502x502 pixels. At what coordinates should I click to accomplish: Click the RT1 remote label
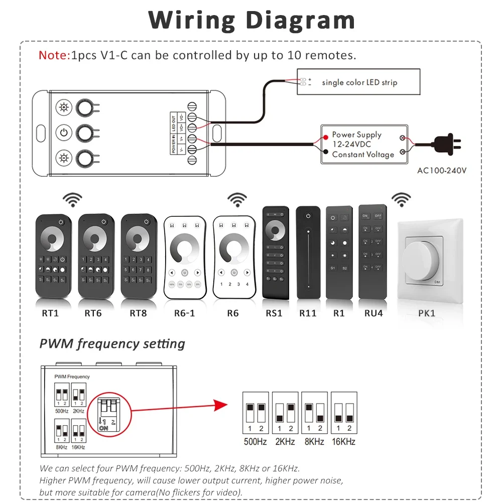(50, 313)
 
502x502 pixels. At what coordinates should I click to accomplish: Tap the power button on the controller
(63, 133)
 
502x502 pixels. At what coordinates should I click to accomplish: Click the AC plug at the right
(444, 145)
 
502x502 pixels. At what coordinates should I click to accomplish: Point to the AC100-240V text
(442, 170)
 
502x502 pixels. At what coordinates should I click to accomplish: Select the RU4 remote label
(374, 313)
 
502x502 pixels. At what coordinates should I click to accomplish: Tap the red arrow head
(220, 405)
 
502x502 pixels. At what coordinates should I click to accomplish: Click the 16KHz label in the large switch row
(344, 442)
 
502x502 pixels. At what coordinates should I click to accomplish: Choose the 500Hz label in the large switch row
(255, 442)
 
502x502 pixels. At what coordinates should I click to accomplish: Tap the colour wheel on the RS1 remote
(276, 231)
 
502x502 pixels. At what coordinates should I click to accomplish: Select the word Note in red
(54, 55)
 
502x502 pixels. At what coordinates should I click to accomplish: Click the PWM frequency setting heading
(112, 344)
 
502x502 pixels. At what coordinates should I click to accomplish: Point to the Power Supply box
(363, 145)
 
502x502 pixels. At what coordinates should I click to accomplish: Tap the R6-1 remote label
(184, 313)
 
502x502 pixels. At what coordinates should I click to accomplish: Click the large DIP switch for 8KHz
(314, 413)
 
